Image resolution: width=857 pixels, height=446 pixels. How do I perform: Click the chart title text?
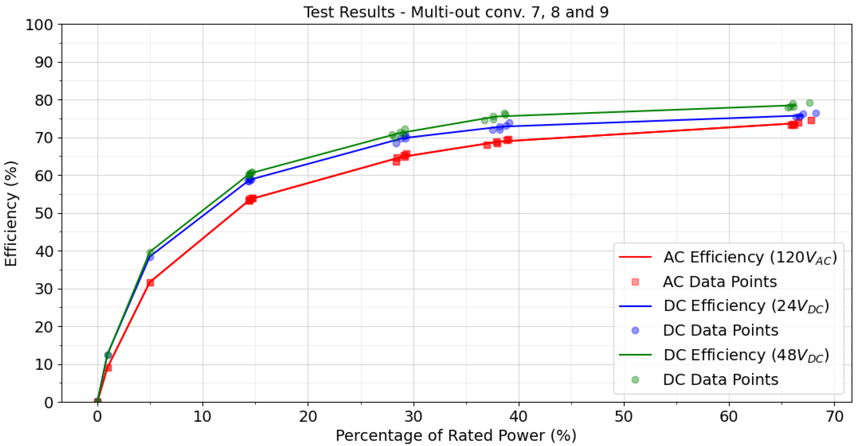point(456,12)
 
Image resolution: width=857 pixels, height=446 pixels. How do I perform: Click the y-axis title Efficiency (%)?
point(11,213)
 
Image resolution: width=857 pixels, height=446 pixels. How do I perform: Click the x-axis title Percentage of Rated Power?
point(456,435)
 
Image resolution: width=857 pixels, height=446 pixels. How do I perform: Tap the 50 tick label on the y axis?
point(44,213)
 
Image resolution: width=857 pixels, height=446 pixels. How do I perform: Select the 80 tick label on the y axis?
point(44,100)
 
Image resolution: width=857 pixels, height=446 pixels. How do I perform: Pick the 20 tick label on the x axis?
point(308,416)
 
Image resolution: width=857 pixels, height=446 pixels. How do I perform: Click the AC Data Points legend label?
point(720,282)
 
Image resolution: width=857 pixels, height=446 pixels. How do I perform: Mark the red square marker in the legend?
point(635,282)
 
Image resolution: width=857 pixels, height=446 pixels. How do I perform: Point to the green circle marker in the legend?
point(635,379)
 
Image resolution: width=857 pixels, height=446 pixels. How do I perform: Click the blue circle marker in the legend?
point(635,330)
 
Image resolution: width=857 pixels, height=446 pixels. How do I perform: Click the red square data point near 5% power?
point(150,283)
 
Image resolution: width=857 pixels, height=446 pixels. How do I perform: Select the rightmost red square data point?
point(811,120)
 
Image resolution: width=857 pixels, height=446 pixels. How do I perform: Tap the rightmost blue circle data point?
point(816,113)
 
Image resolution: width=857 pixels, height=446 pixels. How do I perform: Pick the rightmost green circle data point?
point(810,103)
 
